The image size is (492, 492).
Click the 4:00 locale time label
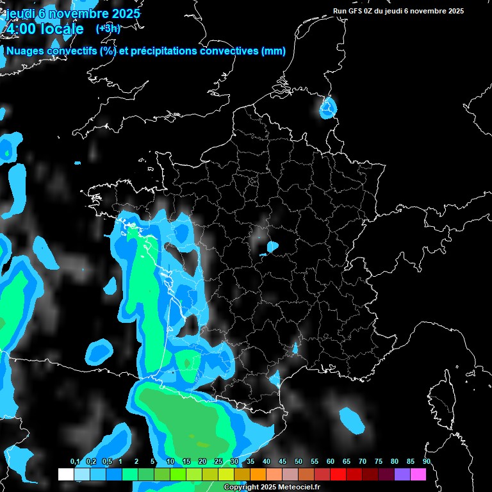[45, 29]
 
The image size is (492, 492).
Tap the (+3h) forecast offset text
[108, 28]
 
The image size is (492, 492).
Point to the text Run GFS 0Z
[355, 11]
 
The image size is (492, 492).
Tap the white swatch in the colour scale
[65, 474]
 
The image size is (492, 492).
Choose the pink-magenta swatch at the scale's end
[418, 474]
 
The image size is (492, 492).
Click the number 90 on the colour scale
[426, 462]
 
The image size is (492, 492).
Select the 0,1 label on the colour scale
[75, 462]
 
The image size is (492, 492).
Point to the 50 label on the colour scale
[299, 462]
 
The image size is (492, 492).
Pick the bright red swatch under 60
[338, 474]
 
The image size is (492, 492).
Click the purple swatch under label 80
[402, 474]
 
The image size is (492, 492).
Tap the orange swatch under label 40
[258, 474]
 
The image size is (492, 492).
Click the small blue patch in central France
[272, 246]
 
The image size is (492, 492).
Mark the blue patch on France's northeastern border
[328, 108]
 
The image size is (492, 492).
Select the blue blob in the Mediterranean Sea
[352, 420]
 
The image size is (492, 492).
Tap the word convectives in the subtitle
[227, 51]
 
